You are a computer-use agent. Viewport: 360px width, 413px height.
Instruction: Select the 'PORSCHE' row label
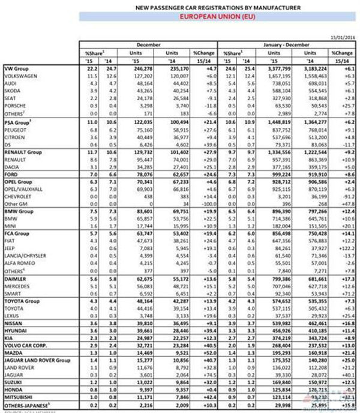point(14,105)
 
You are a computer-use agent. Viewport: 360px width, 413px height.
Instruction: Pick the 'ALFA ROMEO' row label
point(19,263)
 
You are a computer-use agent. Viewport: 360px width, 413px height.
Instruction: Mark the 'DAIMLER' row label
point(14,280)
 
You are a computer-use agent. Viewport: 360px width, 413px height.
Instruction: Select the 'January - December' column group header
point(287,44)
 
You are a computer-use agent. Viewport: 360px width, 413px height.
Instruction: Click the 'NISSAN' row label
point(13,322)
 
